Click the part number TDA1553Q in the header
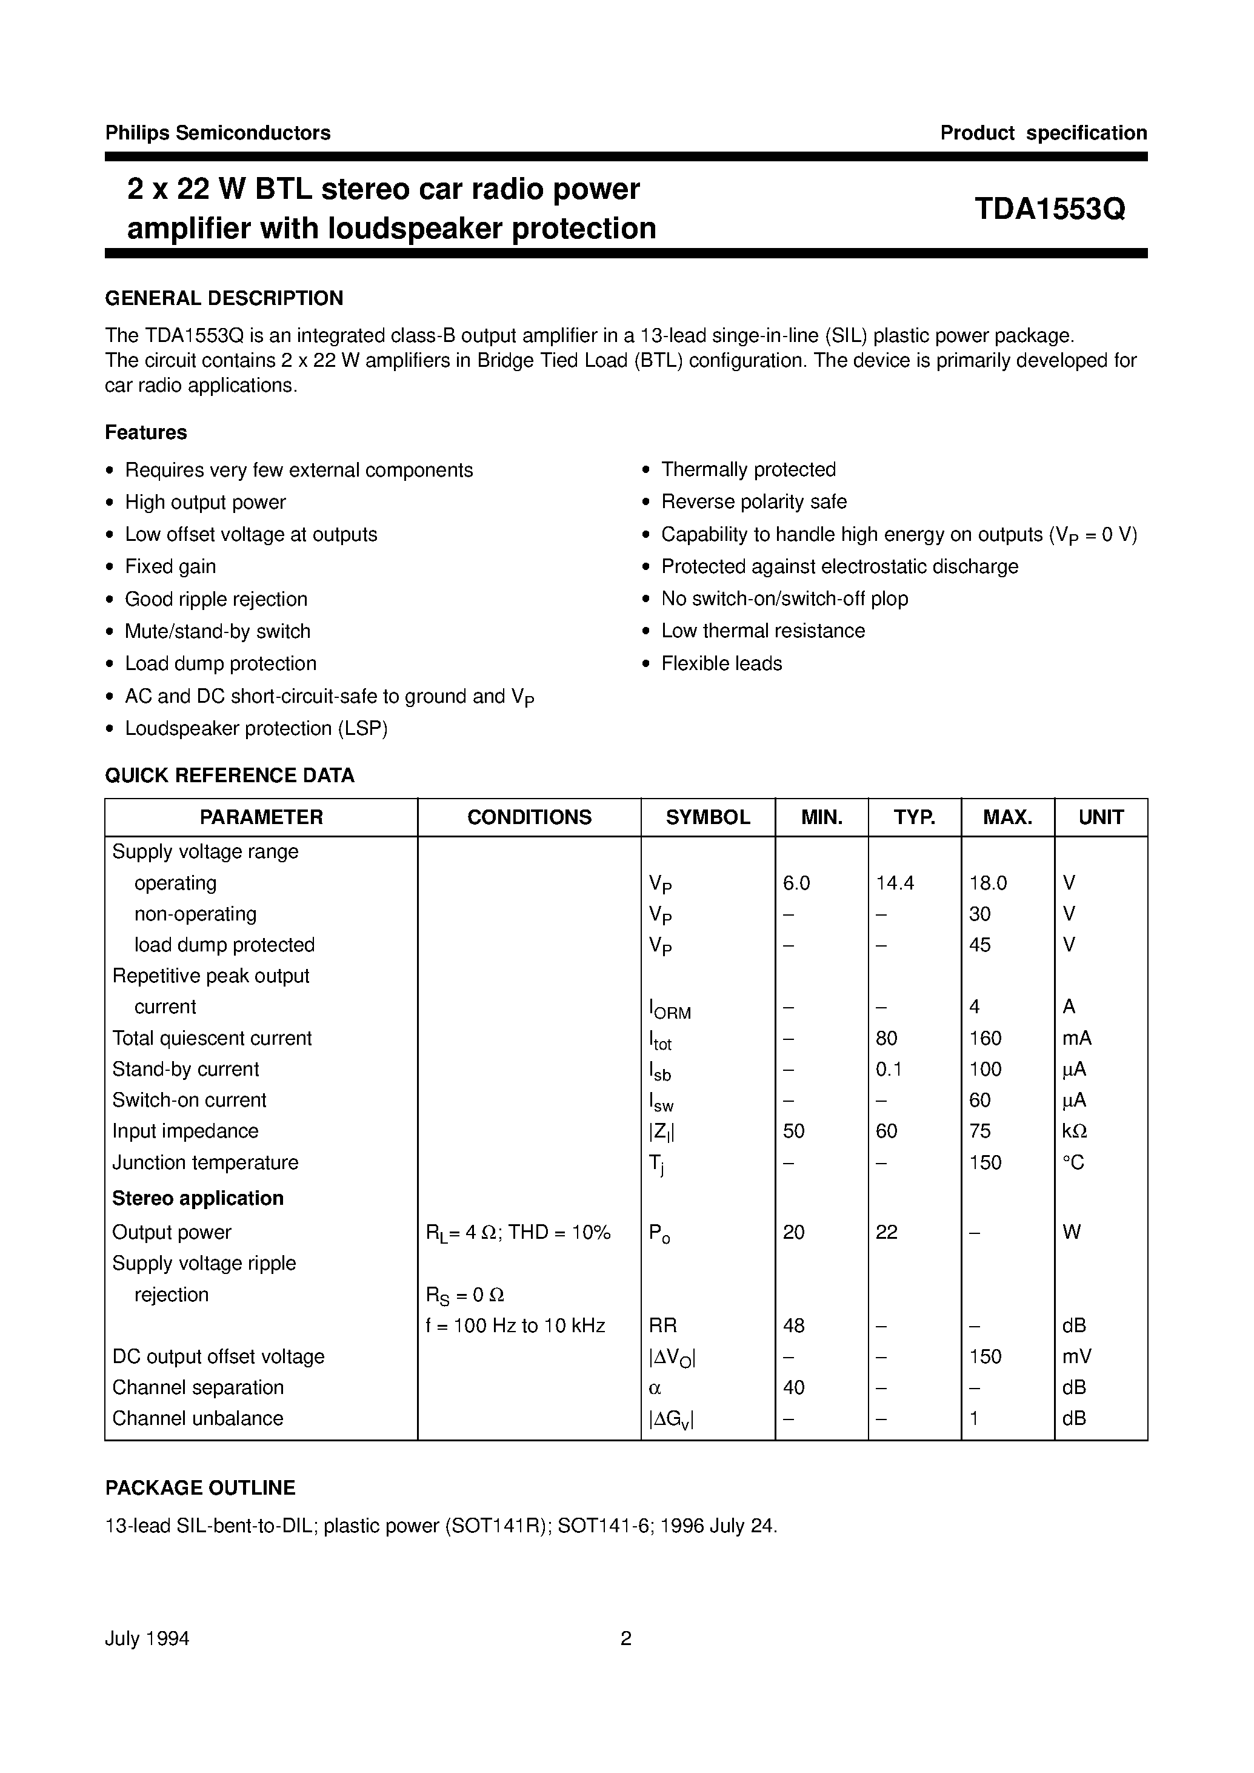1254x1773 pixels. pyautogui.click(x=1049, y=209)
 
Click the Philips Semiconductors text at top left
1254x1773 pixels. pyautogui.click(x=218, y=133)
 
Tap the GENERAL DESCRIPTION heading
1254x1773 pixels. pyautogui.click(x=224, y=298)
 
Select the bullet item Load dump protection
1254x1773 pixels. pyautogui.click(x=220, y=663)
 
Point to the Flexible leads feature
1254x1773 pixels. pyautogui.click(x=721, y=663)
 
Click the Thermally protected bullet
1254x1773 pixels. pyautogui.click(x=749, y=470)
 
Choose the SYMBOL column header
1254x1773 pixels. pyautogui.click(x=707, y=817)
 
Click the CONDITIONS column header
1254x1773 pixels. pyautogui.click(x=529, y=817)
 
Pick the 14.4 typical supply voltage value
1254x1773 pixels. pyautogui.click(x=895, y=883)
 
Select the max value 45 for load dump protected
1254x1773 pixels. pyautogui.click(x=980, y=945)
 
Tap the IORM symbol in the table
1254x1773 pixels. pyautogui.click(x=670, y=1009)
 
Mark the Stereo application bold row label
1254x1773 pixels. pyautogui.click(x=198, y=1198)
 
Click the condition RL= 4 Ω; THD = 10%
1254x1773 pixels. pyautogui.click(x=518, y=1233)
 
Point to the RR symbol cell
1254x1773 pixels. pyautogui.click(x=662, y=1326)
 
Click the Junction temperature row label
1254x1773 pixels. pyautogui.click(x=205, y=1162)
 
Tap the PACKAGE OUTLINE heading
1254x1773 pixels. pyautogui.click(x=200, y=1488)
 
